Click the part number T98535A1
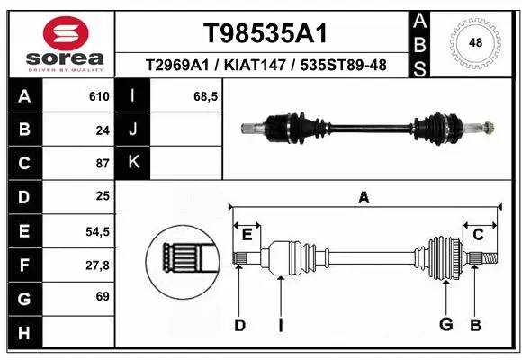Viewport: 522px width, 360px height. click(x=264, y=33)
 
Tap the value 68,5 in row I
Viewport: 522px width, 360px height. click(x=206, y=96)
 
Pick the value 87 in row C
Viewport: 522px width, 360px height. click(x=102, y=164)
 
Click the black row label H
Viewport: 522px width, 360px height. click(x=23, y=333)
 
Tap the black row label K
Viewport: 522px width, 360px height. click(x=133, y=164)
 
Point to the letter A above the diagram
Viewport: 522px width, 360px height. click(x=364, y=198)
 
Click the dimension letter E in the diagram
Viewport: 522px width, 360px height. click(x=247, y=234)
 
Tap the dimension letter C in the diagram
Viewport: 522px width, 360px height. click(x=478, y=234)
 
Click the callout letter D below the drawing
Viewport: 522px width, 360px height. click(x=239, y=324)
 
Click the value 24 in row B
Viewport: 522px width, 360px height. click(x=102, y=130)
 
